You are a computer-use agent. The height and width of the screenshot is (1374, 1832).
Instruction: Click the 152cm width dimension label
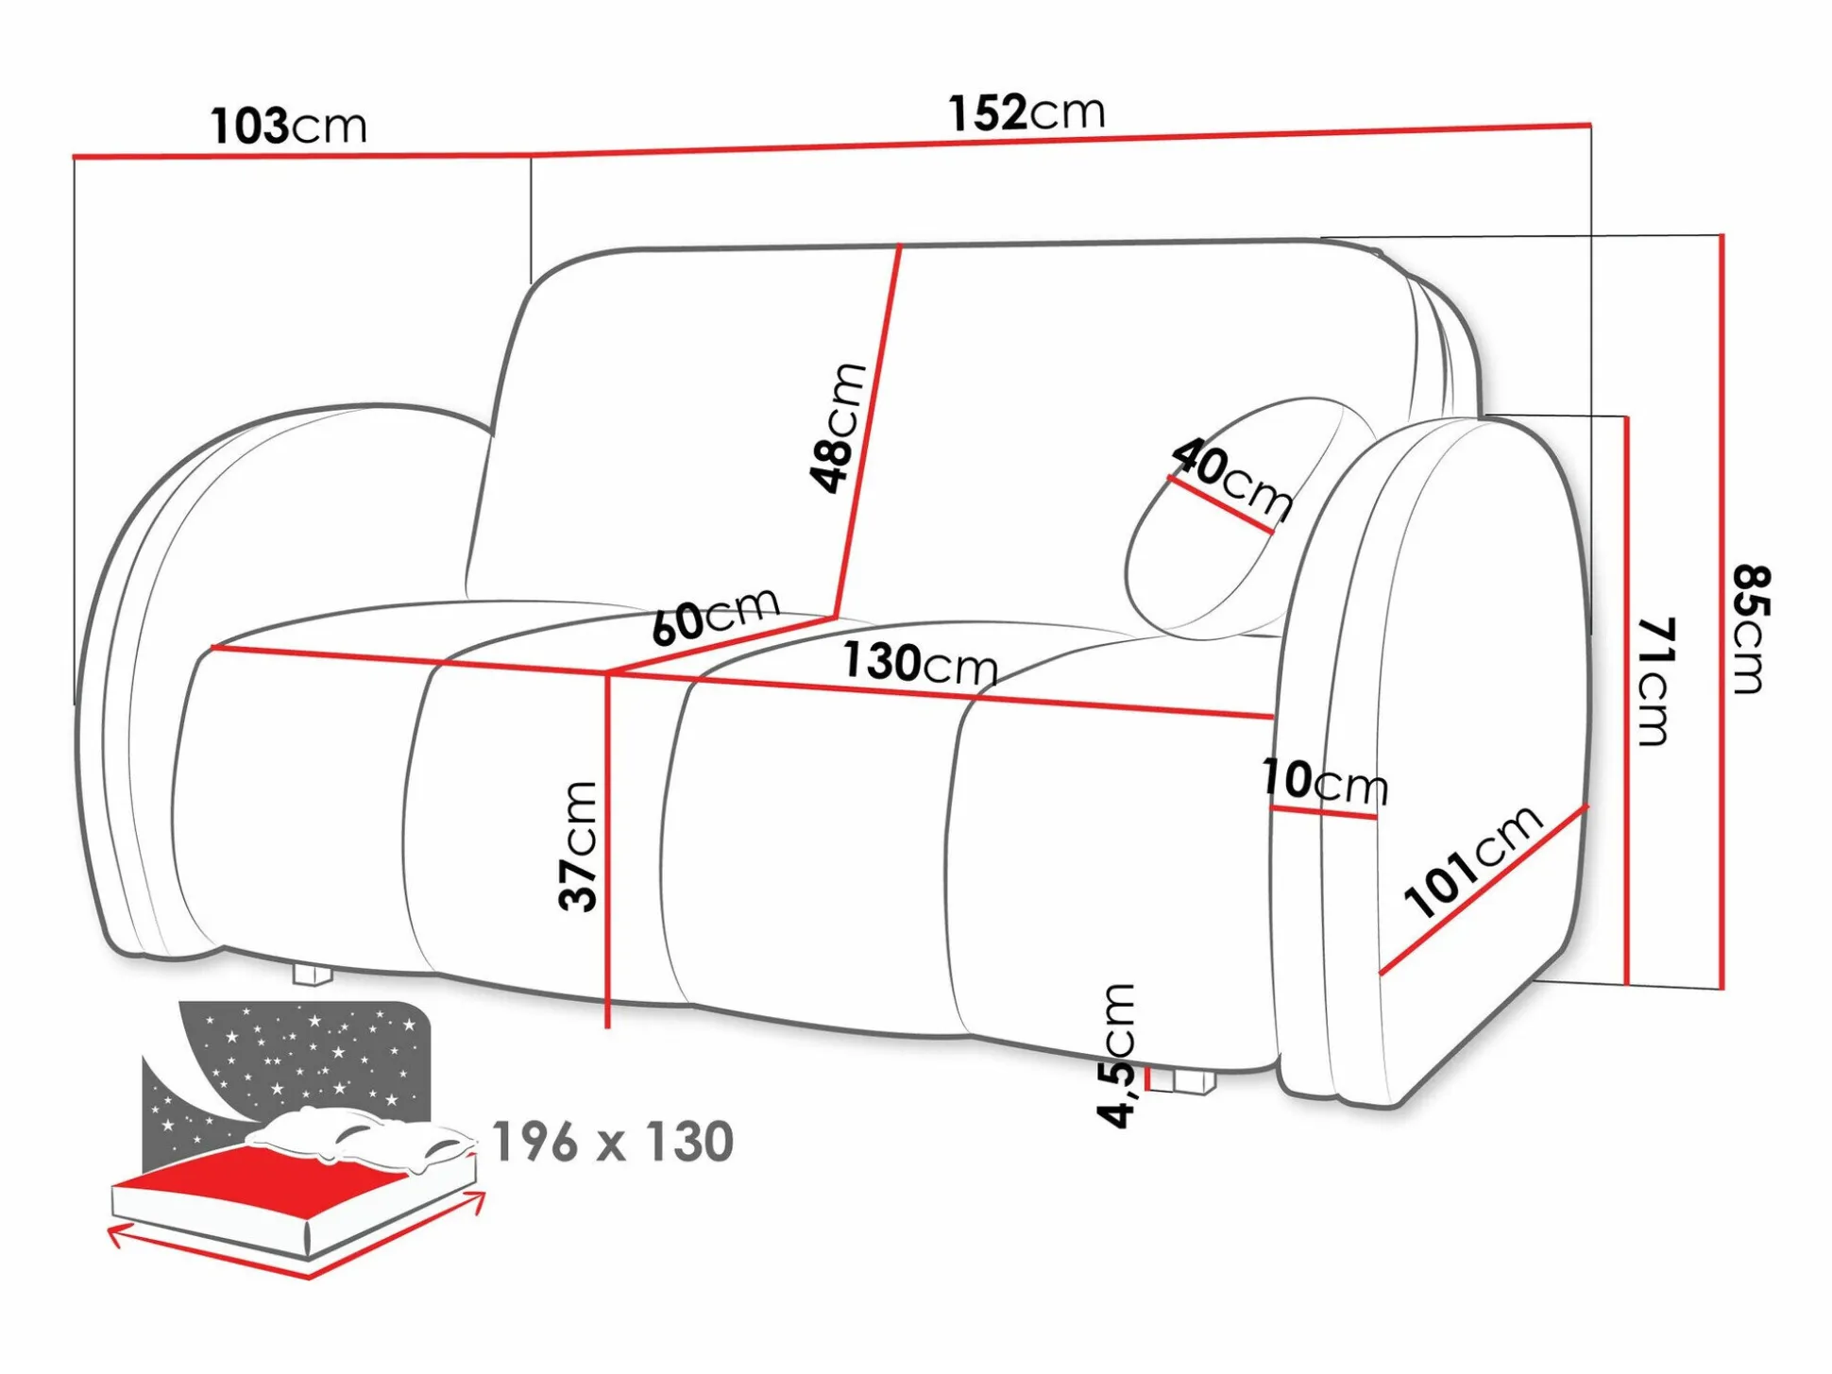click(x=1026, y=112)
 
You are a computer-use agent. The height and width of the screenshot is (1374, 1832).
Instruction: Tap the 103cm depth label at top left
click(x=288, y=127)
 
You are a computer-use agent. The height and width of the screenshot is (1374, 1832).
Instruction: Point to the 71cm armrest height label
click(x=1654, y=682)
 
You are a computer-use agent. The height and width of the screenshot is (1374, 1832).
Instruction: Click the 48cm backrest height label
click(x=838, y=427)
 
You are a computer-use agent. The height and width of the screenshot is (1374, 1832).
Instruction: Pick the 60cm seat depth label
click(x=715, y=616)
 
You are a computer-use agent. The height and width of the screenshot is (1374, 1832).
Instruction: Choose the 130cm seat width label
click(x=920, y=663)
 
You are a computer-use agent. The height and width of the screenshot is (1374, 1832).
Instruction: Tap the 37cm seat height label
click(x=578, y=846)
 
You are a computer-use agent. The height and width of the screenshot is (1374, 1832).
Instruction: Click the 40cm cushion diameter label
click(x=1231, y=479)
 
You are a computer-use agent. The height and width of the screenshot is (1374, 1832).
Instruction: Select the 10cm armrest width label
click(x=1325, y=781)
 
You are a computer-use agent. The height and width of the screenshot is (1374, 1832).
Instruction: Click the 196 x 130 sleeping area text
click(x=613, y=1142)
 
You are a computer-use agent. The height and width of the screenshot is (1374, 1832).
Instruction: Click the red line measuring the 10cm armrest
click(x=1323, y=812)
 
